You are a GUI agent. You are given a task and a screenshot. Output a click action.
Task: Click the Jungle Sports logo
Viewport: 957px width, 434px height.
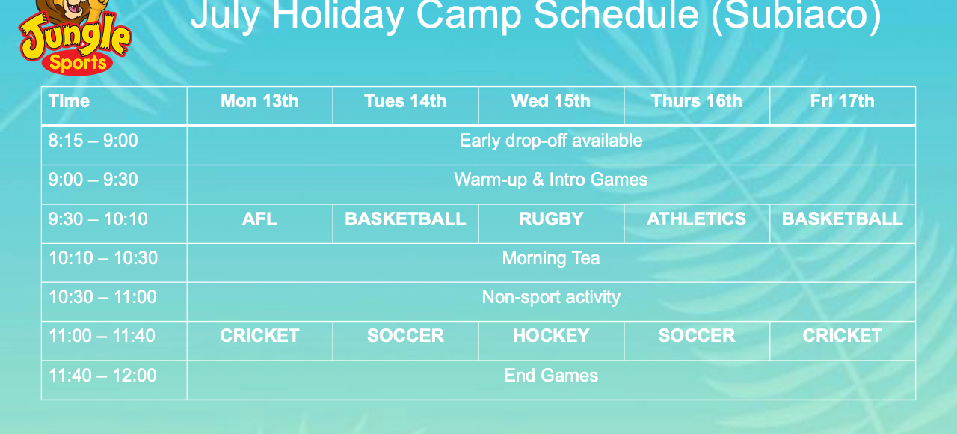75,37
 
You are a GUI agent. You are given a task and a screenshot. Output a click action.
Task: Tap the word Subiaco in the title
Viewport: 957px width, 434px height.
796,16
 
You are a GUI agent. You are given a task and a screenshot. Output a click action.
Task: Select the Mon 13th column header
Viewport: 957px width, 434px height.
259,101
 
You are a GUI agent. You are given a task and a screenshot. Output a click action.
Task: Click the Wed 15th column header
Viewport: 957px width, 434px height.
551,101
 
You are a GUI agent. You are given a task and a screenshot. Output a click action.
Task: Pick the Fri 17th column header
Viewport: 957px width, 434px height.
842,101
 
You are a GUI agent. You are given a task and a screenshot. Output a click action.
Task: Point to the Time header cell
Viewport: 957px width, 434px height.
70,101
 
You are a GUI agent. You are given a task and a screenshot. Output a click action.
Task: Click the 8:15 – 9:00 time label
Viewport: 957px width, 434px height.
93,141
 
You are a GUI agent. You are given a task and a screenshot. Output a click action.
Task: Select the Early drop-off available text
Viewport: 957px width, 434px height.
551,141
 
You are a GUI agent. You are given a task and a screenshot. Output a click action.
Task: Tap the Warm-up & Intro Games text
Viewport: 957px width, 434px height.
551,180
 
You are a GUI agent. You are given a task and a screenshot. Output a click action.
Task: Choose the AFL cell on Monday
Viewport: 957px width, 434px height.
259,219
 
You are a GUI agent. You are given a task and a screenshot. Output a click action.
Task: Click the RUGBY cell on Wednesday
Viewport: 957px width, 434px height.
551,219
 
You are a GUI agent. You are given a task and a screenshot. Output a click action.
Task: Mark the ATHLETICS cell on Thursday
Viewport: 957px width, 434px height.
696,219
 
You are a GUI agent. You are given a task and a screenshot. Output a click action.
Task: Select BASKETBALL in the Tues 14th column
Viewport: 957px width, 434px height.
405,219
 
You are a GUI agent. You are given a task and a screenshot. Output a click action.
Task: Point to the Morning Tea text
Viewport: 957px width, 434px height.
551,258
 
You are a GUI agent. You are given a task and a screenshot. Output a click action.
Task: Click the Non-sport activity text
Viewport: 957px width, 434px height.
551,298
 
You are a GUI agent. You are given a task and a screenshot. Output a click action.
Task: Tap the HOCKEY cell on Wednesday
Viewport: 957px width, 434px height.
551,336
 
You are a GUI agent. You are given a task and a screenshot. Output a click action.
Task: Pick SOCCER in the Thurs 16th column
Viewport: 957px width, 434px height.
696,336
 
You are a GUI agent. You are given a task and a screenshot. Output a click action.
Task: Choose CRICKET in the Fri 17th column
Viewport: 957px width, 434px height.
842,336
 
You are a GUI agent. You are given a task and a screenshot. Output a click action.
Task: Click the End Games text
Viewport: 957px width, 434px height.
551,376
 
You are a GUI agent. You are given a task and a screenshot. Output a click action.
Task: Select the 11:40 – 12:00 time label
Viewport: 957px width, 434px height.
102,376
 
